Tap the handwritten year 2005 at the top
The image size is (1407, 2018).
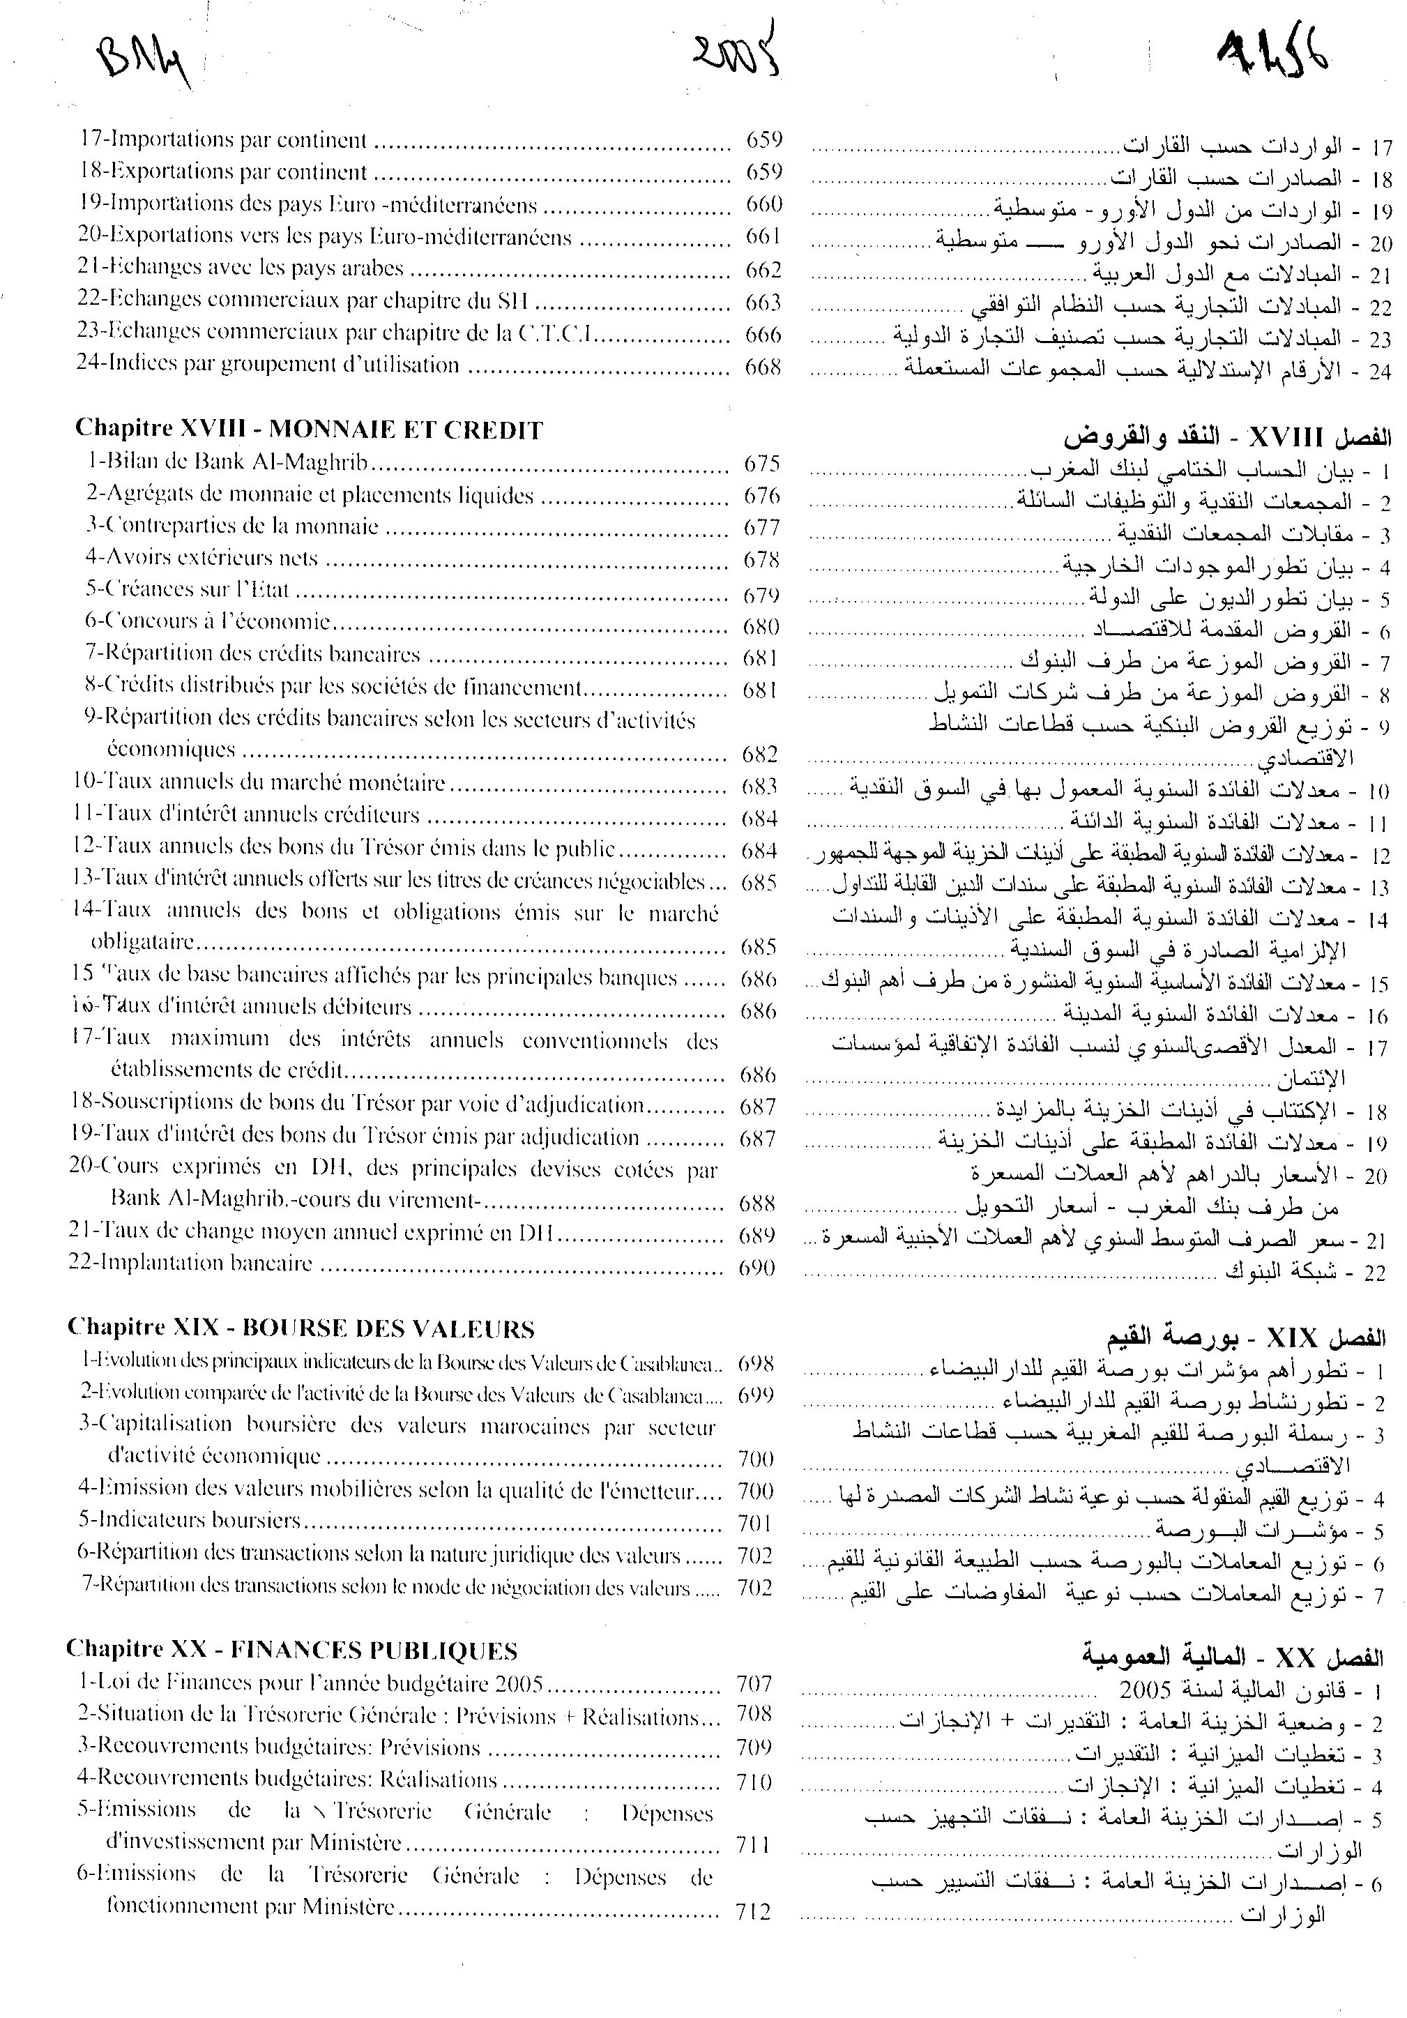click(x=736, y=54)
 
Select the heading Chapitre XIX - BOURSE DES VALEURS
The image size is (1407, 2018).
click(x=301, y=1328)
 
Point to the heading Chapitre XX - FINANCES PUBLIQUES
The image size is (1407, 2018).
click(x=291, y=1650)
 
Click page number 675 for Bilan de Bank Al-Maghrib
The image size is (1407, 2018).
click(x=762, y=463)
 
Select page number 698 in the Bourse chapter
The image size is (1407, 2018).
click(x=756, y=1363)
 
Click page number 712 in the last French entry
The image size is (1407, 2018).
click(x=754, y=1911)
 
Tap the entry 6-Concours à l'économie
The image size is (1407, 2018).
click(x=208, y=622)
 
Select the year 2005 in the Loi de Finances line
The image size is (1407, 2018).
click(x=519, y=1684)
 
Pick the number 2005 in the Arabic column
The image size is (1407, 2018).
click(x=1144, y=1690)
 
